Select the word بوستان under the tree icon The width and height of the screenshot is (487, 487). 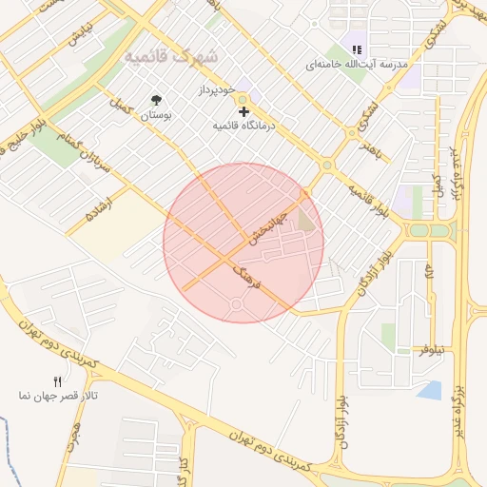point(155,115)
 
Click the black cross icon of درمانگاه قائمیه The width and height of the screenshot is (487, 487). point(243,111)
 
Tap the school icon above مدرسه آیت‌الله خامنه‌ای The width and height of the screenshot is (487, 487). point(358,49)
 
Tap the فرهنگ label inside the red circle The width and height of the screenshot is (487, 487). point(245,278)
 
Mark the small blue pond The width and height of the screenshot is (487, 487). point(430,389)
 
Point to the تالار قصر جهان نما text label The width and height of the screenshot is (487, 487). point(58,395)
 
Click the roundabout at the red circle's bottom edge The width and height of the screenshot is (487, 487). point(236,304)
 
